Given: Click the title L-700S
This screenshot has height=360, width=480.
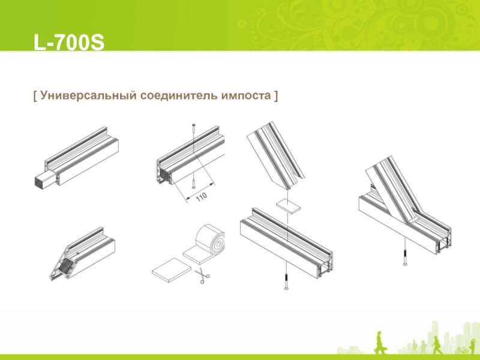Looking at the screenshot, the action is (x=69, y=42).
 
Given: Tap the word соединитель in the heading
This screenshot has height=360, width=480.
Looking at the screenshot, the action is (x=179, y=95).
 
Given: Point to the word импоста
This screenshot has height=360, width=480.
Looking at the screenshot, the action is (x=247, y=96).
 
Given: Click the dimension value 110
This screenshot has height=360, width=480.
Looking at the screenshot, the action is (x=202, y=197).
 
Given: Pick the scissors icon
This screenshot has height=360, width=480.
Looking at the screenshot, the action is (x=202, y=275).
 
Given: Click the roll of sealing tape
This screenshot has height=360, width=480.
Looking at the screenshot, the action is (x=211, y=242).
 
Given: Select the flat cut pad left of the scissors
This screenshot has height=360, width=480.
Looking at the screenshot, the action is (x=172, y=269).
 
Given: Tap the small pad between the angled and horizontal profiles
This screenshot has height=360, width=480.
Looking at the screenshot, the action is (x=288, y=206).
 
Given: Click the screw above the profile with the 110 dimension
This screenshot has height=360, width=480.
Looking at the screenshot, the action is (x=193, y=130).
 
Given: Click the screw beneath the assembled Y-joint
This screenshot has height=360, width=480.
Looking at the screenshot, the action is (x=405, y=257).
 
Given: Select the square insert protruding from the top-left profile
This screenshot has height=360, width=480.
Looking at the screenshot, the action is (x=45, y=178).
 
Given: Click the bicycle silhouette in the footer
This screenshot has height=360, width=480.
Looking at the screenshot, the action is (x=461, y=350).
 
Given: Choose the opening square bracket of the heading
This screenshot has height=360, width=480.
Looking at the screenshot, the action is (x=35, y=96).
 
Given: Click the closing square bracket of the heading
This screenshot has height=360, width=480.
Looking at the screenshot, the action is (x=276, y=96).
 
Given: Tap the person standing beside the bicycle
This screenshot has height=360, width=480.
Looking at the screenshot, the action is (x=471, y=347).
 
